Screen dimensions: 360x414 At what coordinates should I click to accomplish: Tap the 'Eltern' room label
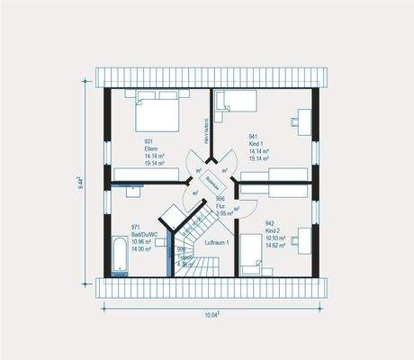click(x=150, y=149)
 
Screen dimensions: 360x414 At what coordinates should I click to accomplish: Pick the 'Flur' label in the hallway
click(x=220, y=206)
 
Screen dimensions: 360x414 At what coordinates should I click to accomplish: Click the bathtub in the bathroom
click(x=119, y=256)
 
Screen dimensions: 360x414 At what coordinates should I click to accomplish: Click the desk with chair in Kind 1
click(x=301, y=120)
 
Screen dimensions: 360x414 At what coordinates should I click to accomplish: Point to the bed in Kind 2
click(x=256, y=265)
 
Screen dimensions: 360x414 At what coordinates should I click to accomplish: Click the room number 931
click(x=149, y=141)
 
